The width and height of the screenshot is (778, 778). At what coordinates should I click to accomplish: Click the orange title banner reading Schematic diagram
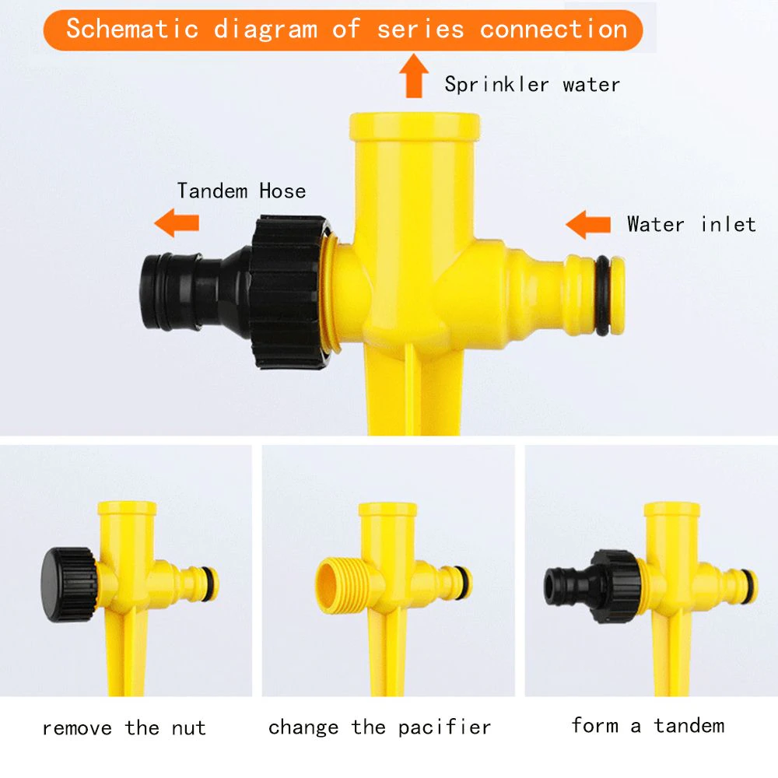[343, 30]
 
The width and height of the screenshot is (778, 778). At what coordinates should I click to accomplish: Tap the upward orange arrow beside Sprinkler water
[414, 75]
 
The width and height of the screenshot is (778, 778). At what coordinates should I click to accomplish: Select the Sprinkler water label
[532, 84]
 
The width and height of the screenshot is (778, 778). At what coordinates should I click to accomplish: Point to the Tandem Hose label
[241, 191]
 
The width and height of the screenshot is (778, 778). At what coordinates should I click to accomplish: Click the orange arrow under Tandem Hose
[177, 223]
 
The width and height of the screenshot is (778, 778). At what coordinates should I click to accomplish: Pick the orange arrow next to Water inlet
[588, 224]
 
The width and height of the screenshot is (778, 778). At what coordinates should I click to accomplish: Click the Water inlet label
[691, 224]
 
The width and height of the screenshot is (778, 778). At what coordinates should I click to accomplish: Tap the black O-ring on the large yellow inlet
[603, 295]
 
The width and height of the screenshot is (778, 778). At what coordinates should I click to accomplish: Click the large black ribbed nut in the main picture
[289, 292]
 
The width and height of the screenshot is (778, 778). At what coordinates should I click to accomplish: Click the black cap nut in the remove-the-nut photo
[68, 584]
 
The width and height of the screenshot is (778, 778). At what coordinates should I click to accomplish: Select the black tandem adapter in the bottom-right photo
[592, 586]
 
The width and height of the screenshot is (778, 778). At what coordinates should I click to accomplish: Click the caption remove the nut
[124, 728]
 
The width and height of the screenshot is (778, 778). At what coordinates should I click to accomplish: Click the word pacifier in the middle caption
[444, 727]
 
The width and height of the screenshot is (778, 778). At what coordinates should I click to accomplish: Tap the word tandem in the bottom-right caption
[689, 725]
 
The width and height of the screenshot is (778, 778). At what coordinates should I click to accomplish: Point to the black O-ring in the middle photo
[465, 581]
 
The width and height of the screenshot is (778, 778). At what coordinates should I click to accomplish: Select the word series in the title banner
[420, 29]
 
